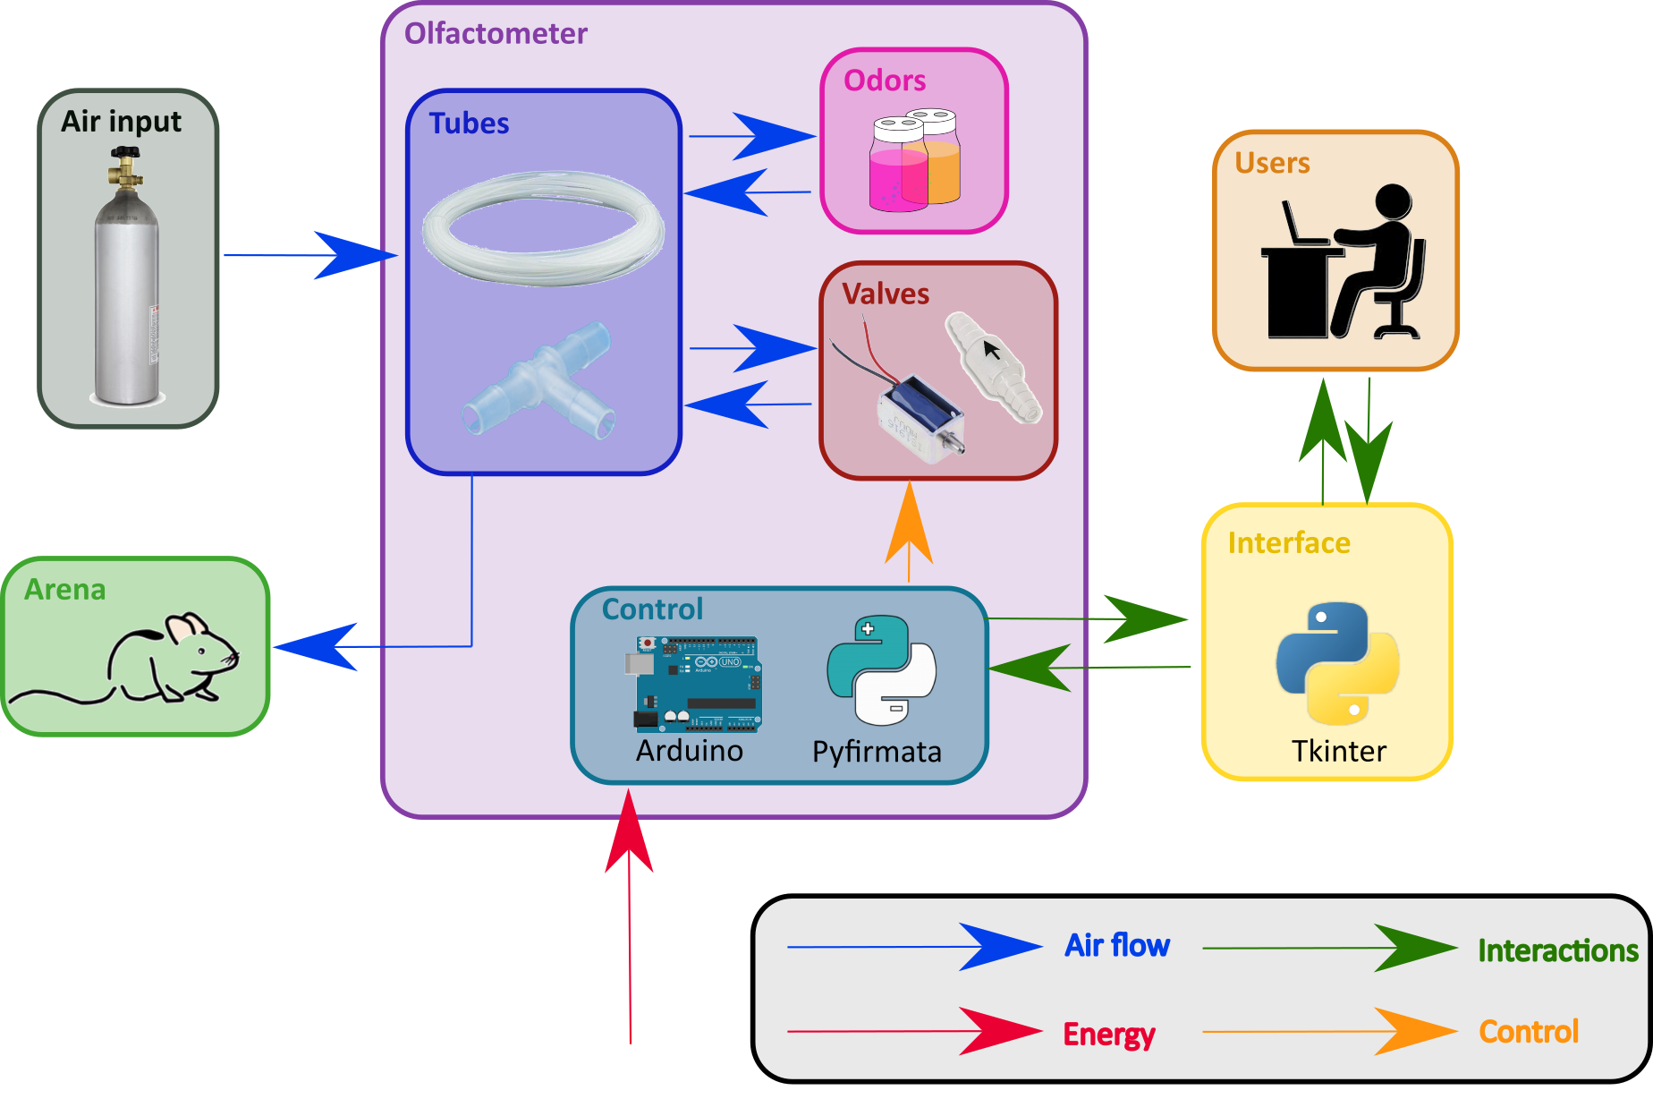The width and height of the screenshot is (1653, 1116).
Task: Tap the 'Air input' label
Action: coord(121,122)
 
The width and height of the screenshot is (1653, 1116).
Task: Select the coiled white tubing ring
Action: coord(543,228)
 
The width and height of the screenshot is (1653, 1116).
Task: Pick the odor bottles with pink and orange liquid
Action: coord(914,160)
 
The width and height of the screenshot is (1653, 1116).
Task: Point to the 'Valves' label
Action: coord(886,294)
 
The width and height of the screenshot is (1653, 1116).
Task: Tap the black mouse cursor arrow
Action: coord(990,348)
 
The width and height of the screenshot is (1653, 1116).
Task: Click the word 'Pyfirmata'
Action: coord(877,752)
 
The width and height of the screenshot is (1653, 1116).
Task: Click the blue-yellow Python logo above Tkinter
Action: coord(1337,662)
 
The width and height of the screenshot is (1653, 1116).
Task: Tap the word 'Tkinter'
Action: coord(1339,751)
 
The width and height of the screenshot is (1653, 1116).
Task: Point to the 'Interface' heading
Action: coord(1289,543)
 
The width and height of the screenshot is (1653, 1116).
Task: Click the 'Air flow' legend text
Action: coord(1117,945)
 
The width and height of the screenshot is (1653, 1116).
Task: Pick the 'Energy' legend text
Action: coord(1109,1035)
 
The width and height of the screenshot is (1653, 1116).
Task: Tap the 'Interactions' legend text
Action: coord(1557,950)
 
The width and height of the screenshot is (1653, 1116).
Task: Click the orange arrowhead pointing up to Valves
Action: coord(909,528)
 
